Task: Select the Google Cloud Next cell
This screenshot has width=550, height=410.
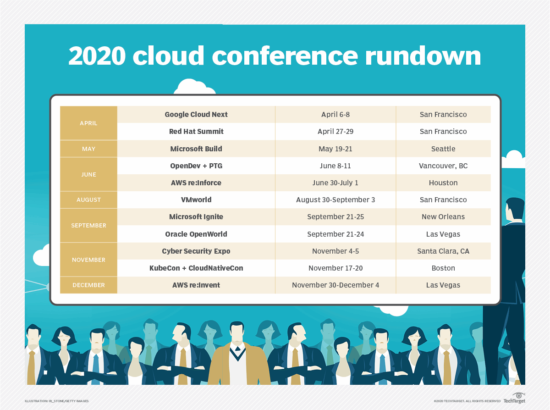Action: pyautogui.click(x=196, y=114)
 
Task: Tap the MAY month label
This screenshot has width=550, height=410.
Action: pyautogui.click(x=88, y=149)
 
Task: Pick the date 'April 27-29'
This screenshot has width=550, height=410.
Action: pyautogui.click(x=335, y=131)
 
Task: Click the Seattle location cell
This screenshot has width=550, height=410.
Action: pyautogui.click(x=443, y=149)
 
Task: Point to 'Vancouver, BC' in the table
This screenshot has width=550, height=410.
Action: pyautogui.click(x=443, y=166)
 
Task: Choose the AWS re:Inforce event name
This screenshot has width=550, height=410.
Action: pyautogui.click(x=196, y=183)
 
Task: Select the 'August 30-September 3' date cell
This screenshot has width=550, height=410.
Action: pyautogui.click(x=335, y=199)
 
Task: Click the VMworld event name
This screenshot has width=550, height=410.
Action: pyautogui.click(x=196, y=199)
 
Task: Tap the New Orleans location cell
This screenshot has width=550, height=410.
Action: pyautogui.click(x=443, y=216)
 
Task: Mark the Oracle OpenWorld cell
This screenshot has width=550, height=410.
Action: pyautogui.click(x=196, y=234)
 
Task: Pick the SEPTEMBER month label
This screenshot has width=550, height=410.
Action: pyautogui.click(x=88, y=225)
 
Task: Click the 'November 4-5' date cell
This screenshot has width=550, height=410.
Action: pyautogui.click(x=335, y=251)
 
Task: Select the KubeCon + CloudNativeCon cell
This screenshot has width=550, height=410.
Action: pyautogui.click(x=196, y=268)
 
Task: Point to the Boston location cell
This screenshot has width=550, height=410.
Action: pyautogui.click(x=443, y=268)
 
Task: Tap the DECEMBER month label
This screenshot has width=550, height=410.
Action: pyautogui.click(x=88, y=285)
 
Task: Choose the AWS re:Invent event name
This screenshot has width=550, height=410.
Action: pyautogui.click(x=196, y=285)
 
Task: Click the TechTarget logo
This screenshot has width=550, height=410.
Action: pyautogui.click(x=514, y=399)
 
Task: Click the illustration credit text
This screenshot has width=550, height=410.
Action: pyautogui.click(x=57, y=401)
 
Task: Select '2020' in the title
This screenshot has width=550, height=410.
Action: pyautogui.click(x=97, y=56)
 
